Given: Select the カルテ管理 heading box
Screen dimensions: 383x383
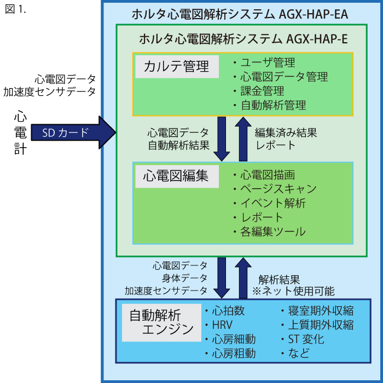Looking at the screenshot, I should point(177,67).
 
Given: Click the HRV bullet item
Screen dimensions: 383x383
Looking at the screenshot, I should point(222,325).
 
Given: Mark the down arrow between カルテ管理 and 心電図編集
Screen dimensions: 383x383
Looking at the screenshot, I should point(222,138).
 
